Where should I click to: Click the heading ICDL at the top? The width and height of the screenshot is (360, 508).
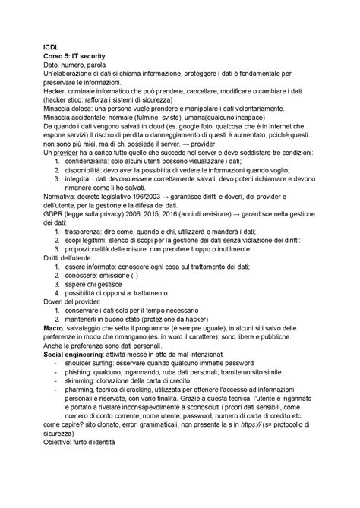[x=50, y=44]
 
